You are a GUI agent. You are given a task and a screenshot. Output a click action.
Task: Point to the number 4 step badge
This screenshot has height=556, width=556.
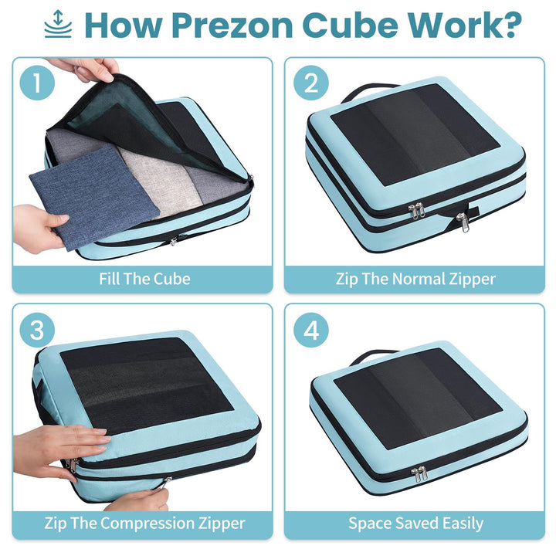(x=311, y=330)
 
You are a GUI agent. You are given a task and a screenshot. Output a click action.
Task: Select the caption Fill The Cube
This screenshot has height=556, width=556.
(x=144, y=279)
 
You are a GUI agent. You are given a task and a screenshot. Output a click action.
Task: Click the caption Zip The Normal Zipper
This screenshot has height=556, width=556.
(x=415, y=279)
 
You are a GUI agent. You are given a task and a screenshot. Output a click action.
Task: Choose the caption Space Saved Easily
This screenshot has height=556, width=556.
(x=415, y=523)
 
